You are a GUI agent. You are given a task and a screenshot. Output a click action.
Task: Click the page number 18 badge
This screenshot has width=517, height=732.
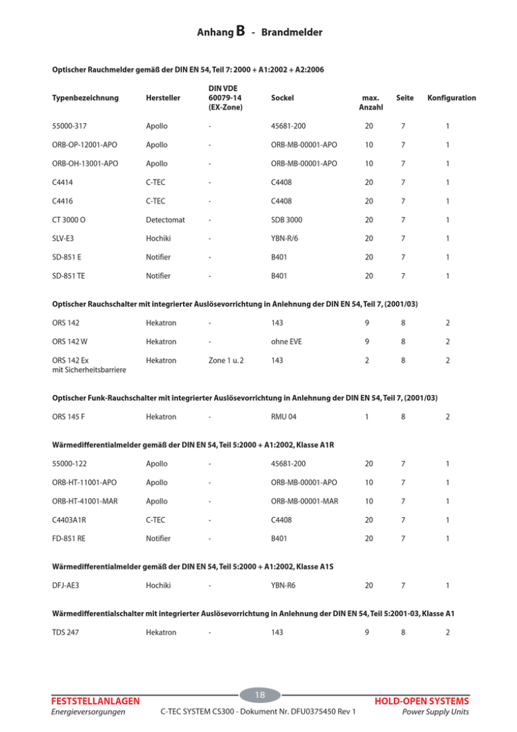tap(260, 694)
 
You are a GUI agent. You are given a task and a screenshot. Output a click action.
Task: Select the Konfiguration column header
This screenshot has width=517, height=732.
tap(451, 97)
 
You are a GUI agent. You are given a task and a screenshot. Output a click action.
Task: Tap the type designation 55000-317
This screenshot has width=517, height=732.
tap(70, 125)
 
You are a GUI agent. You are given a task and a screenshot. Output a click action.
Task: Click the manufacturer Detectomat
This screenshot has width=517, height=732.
tap(166, 219)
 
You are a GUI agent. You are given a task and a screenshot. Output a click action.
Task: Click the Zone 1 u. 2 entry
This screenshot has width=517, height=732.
tap(226, 361)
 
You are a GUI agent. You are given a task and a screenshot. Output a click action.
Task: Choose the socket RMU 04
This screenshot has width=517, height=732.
tap(285, 417)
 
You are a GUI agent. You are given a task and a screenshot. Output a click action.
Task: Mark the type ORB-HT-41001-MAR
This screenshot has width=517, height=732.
tap(86, 501)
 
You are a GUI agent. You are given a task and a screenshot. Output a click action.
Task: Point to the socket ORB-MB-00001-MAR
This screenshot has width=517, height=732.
tap(305, 501)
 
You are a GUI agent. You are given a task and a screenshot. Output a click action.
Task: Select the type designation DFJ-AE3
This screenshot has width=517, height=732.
tap(66, 585)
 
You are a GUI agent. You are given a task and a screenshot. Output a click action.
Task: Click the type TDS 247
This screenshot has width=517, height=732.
tap(66, 633)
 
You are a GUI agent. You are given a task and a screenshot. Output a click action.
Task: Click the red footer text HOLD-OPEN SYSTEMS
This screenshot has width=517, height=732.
tap(422, 701)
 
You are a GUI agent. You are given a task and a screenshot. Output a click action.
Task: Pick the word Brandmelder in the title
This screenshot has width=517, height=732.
tap(292, 32)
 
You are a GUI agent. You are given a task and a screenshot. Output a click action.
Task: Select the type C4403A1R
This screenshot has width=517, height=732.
tap(70, 520)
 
